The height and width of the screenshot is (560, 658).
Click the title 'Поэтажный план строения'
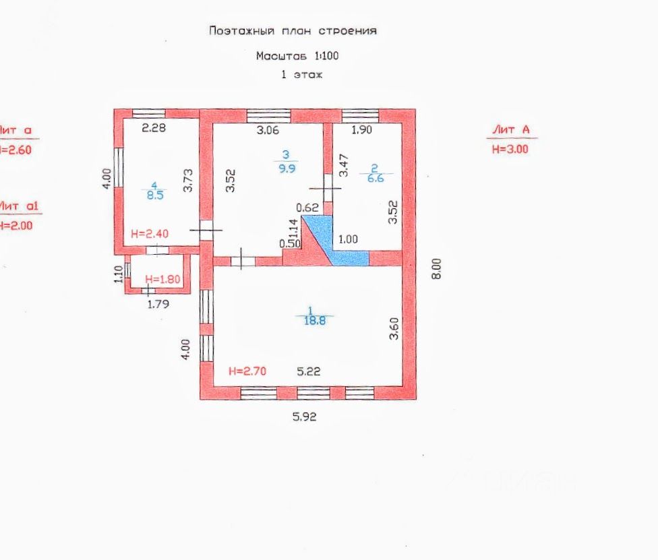[293, 31]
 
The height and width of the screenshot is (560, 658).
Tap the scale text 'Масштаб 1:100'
[297, 56]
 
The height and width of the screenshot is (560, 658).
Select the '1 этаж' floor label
[302, 75]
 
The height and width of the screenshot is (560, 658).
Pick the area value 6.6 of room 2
[376, 179]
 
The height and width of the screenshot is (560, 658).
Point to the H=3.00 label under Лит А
[510, 150]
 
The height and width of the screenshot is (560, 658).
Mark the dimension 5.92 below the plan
[304, 416]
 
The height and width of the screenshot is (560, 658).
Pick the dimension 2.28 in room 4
[153, 128]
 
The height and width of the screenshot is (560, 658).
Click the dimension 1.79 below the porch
[159, 303]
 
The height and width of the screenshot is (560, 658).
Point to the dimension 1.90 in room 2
[361, 130]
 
